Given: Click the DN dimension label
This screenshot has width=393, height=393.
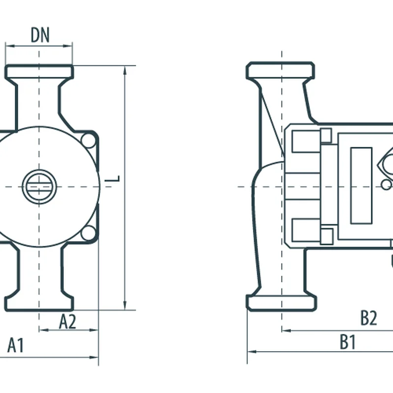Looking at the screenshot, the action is [x=40, y=35].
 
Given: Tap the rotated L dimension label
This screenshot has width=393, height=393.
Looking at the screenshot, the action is [x=112, y=179].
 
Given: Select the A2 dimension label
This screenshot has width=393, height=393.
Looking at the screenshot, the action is [x=67, y=322].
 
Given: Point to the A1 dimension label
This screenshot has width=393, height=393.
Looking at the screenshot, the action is [x=16, y=345].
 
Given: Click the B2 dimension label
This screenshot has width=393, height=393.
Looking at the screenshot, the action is [x=369, y=318].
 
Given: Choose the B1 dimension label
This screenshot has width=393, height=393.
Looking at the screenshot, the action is [x=348, y=341].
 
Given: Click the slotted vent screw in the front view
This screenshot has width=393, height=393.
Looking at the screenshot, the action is [x=39, y=187].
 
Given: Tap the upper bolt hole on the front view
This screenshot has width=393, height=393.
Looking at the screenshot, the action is [x=89, y=140].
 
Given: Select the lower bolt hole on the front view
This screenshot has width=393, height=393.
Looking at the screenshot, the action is [x=89, y=233].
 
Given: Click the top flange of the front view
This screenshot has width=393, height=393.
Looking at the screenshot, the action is [x=39, y=72].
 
